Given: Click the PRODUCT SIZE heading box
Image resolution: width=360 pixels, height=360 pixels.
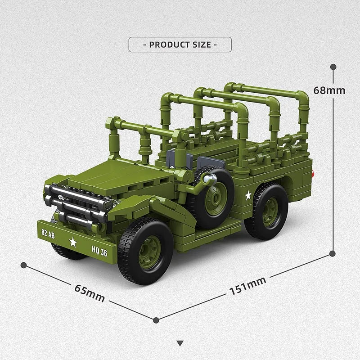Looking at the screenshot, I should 180,45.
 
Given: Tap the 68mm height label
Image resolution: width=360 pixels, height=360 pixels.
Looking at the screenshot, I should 329,90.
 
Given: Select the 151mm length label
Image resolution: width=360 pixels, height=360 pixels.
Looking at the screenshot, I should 247,286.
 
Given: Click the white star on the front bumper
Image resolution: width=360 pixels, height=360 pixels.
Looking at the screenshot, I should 72,243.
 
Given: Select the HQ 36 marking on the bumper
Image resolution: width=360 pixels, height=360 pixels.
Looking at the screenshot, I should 99,252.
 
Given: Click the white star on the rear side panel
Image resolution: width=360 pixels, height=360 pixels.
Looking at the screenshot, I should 247,195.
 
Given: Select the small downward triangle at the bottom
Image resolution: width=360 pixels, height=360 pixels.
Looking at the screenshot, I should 180,343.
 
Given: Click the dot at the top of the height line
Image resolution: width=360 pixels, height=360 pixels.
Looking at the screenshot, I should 333,67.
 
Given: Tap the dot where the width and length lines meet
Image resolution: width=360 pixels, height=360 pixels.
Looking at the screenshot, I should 156,320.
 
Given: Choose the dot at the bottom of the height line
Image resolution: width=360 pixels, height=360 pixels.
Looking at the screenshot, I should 333,253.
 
